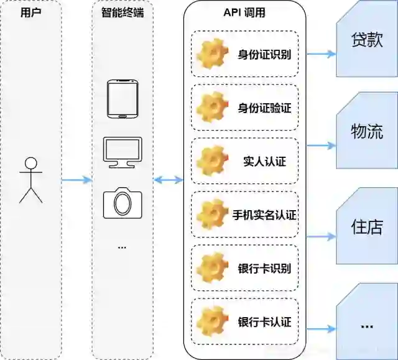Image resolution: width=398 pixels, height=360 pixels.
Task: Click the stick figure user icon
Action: [x=30, y=180]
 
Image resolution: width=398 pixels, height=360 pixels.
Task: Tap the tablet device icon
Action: [x=122, y=99]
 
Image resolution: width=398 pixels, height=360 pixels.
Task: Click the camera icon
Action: [x=122, y=203]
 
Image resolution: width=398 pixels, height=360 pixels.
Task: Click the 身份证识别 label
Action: [x=264, y=54]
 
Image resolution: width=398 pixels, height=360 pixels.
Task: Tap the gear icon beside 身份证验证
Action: [x=211, y=108]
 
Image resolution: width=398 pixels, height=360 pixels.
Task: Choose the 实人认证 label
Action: [x=264, y=162]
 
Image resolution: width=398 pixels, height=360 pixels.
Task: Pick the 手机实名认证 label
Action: [x=264, y=215]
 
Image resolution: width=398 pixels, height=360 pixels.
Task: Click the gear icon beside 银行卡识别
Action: [x=211, y=269]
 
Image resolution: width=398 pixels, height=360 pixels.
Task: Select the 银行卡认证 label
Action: [x=264, y=323]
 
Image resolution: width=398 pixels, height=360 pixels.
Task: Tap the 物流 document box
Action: [x=367, y=132]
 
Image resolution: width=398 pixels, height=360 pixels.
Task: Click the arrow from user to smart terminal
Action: [x=76, y=180]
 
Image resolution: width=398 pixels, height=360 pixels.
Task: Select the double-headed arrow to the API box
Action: [x=168, y=180]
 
